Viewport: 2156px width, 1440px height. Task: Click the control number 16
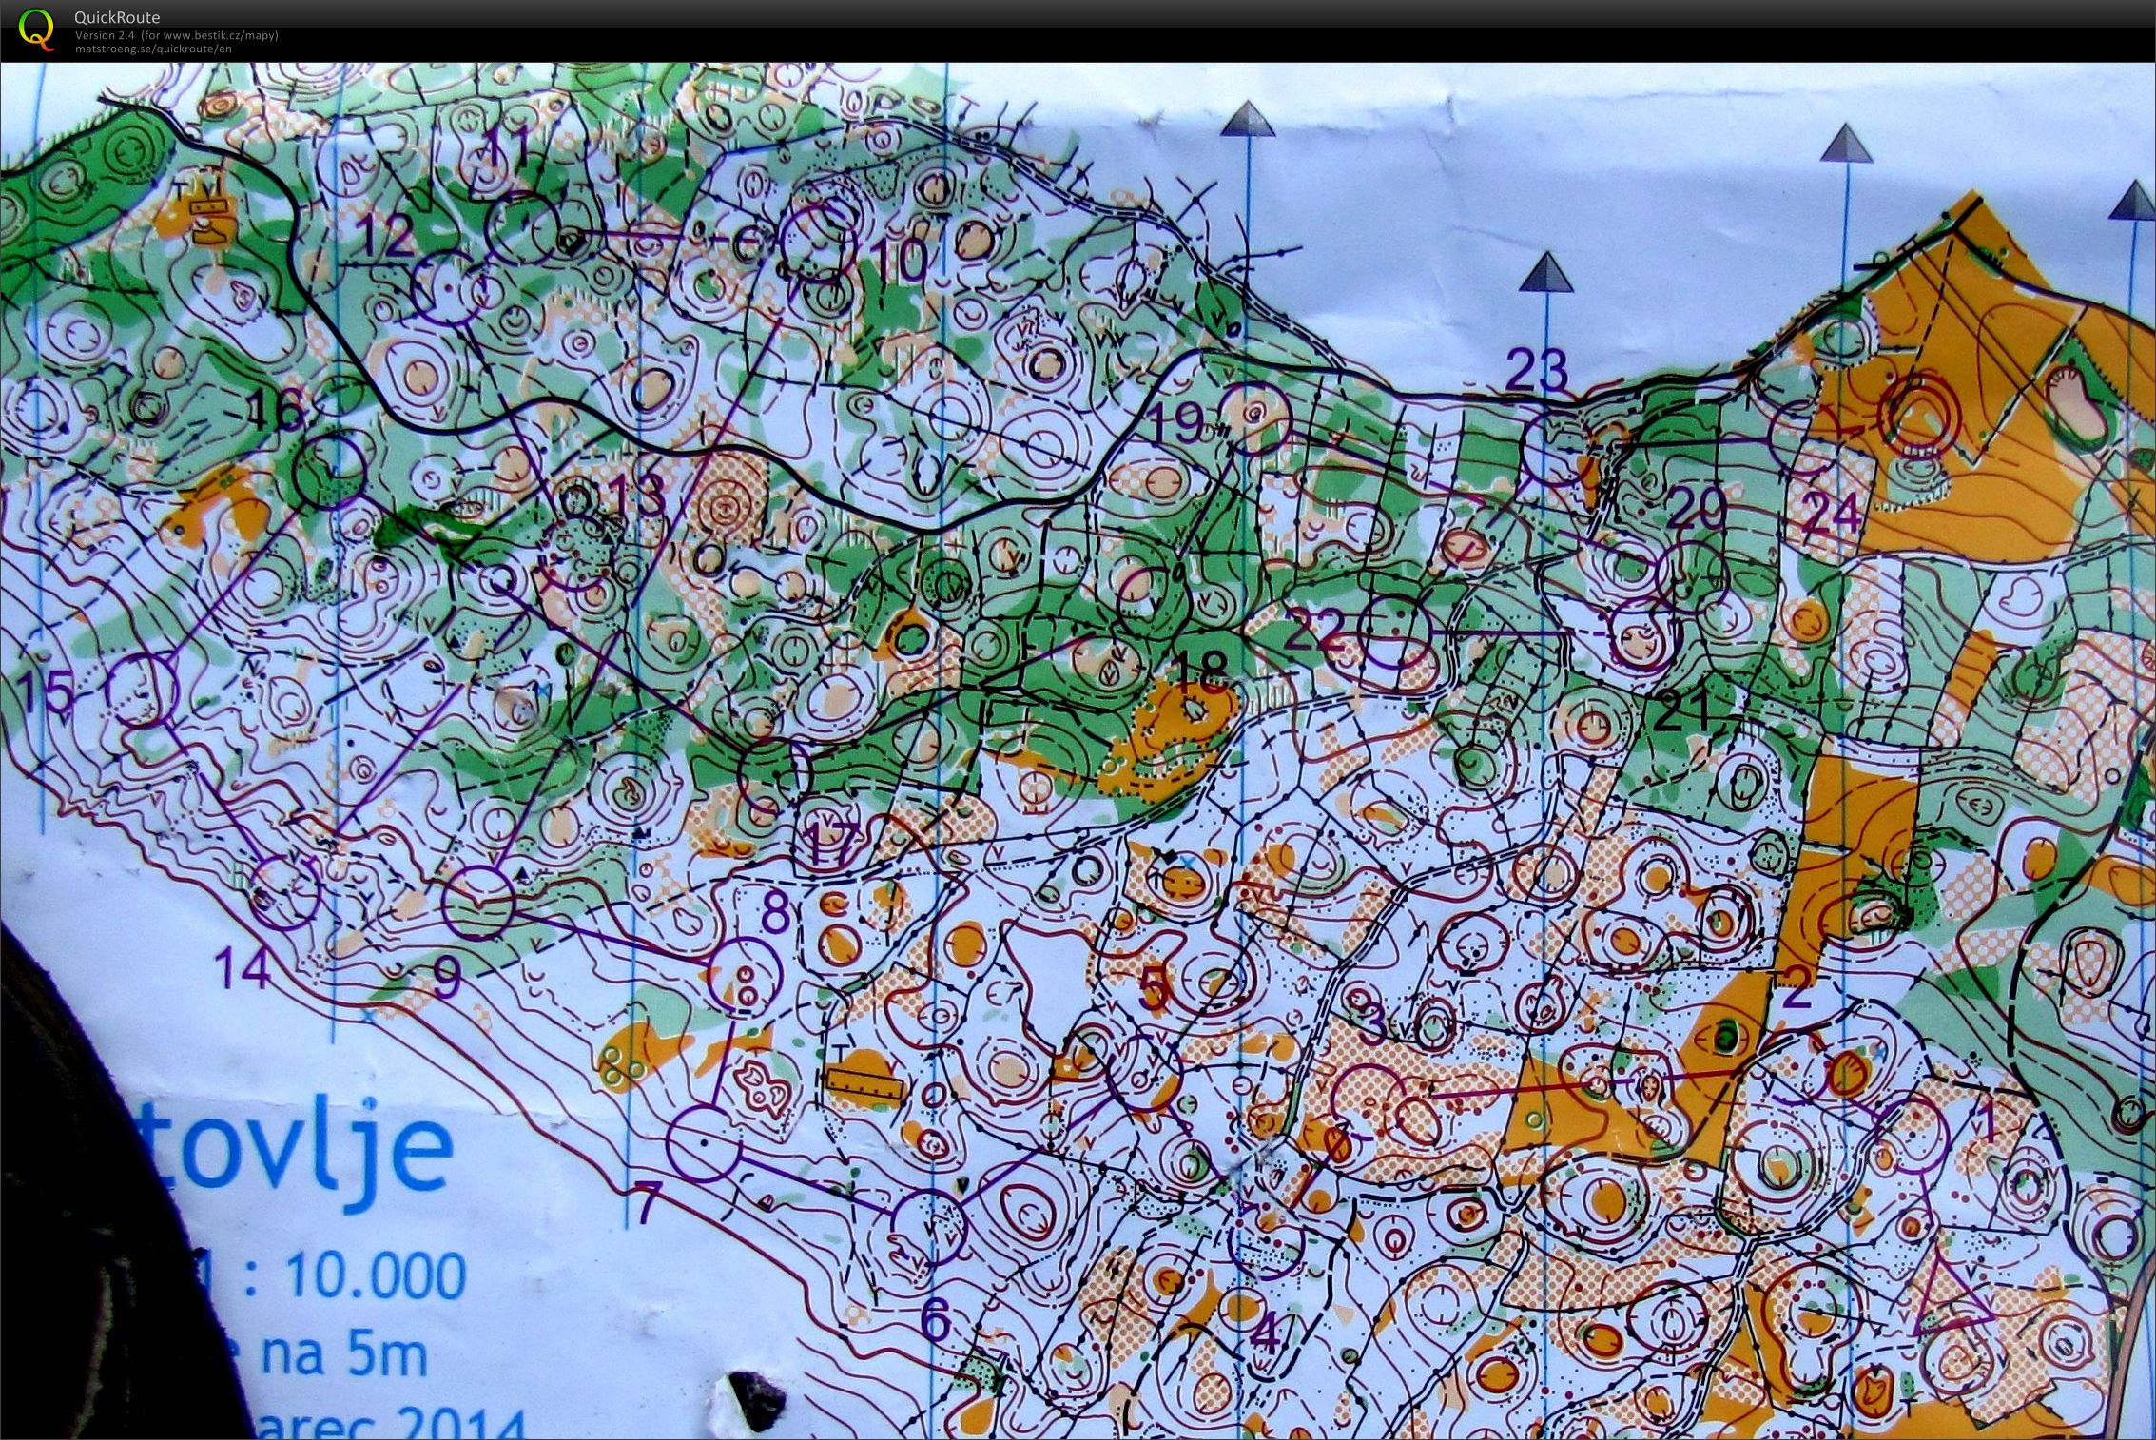coord(277,412)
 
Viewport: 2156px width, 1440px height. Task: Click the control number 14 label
coord(243,970)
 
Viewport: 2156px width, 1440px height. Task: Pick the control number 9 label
coord(446,977)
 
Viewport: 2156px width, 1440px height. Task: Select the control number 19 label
coord(1177,422)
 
